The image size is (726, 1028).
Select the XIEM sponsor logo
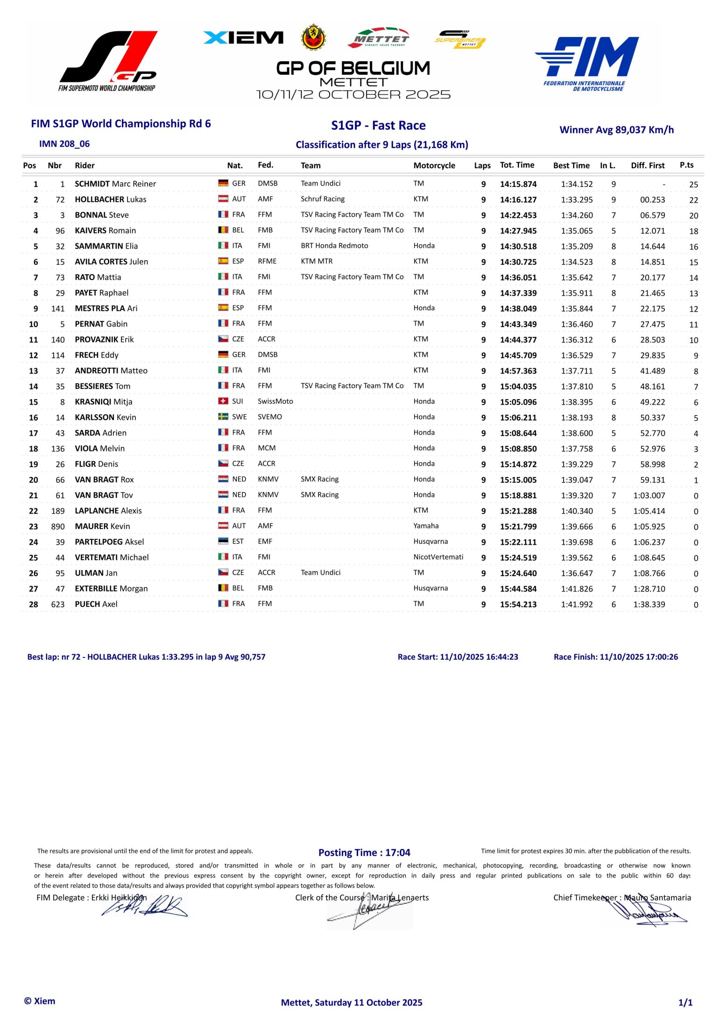coord(243,38)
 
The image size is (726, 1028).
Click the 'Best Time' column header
coord(571,165)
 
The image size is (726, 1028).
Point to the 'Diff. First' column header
coord(647,165)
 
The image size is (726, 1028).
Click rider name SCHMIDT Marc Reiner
coord(115,184)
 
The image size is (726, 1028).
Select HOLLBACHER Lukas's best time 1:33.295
coord(577,200)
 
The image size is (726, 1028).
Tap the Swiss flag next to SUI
coord(223,401)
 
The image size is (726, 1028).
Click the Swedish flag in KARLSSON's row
coord(223,416)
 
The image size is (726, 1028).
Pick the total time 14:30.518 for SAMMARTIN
coord(518,246)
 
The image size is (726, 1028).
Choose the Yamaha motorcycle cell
coord(426,526)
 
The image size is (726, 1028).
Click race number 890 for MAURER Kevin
coord(58,526)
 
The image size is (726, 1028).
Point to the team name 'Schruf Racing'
coord(323,199)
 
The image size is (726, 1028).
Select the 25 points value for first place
coord(693,184)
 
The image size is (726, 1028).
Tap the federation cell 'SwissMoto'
coord(275,401)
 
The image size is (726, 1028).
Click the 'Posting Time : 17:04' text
coord(364,852)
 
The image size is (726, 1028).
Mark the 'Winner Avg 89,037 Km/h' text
coord(616,130)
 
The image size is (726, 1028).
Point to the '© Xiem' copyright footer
coord(40,1001)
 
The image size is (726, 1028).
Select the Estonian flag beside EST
coord(223,541)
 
